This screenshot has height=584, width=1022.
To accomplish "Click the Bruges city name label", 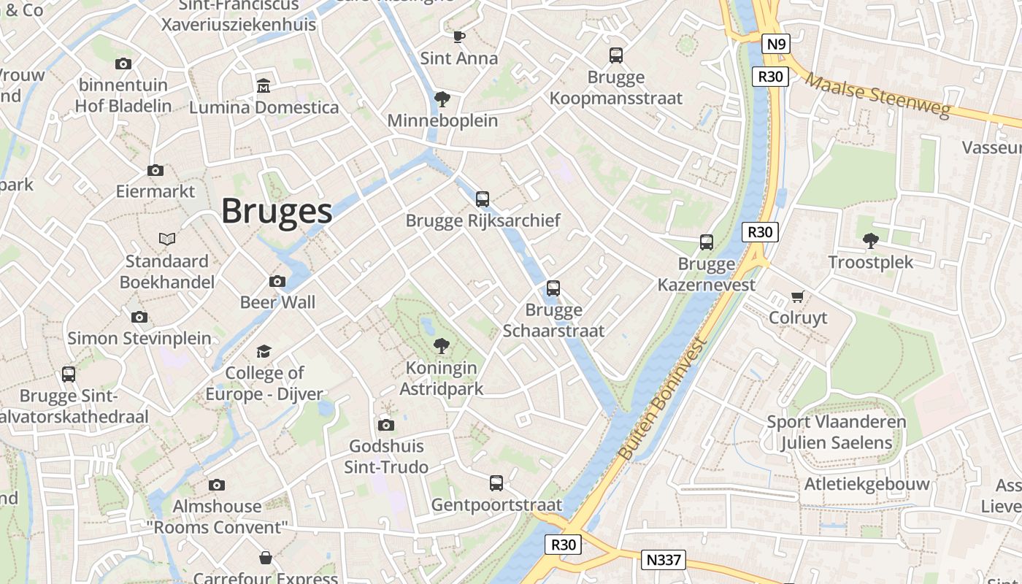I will pos(277,211).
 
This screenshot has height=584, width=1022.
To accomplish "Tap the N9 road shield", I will pos(776,45).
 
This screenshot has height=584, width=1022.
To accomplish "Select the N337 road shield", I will pos(664,560).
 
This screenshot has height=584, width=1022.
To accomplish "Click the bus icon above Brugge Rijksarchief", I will pos(483,199).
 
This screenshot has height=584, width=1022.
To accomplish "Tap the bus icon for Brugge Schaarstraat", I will pos(553,288).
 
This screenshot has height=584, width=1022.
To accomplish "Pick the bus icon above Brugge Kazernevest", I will pos(706,242).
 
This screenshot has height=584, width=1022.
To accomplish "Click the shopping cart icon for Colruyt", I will pos(798,296).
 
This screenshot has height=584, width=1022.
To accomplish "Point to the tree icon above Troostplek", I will pos(870,240).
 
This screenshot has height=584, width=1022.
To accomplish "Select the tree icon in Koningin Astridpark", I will pos(441,346).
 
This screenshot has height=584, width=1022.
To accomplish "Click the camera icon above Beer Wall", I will pos(277,281).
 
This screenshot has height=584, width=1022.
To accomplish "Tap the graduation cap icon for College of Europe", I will pos(264,352).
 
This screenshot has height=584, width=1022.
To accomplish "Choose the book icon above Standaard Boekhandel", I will pos(167,239).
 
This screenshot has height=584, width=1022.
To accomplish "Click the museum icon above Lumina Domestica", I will pos(264,86).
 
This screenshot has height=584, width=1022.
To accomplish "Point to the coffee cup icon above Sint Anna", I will pos(458,36).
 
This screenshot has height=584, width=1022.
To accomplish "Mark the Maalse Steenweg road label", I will pos(879,95).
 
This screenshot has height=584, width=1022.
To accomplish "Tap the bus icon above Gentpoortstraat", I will pos(496,483).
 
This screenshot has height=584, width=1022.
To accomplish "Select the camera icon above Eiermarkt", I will pos(155,170).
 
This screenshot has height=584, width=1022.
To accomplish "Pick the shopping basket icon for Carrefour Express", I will pos(266,558).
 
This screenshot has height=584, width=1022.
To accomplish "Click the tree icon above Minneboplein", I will pos(442,99).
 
